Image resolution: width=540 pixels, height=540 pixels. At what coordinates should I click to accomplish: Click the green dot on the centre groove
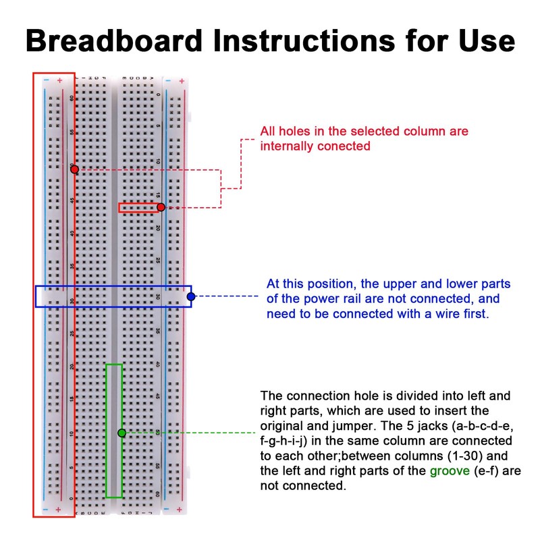[x=122, y=433]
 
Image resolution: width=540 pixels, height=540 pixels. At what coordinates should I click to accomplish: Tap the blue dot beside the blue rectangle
[x=191, y=296]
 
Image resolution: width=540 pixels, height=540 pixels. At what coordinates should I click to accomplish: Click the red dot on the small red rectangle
[x=161, y=207]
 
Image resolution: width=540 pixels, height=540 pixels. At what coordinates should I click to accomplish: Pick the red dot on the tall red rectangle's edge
[x=74, y=169]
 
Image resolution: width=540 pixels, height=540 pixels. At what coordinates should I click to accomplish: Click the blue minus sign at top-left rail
[x=45, y=81]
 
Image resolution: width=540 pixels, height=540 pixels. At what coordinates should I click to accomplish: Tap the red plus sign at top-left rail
[x=59, y=81]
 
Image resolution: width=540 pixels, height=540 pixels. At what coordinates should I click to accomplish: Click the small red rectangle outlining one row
[x=139, y=207]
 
